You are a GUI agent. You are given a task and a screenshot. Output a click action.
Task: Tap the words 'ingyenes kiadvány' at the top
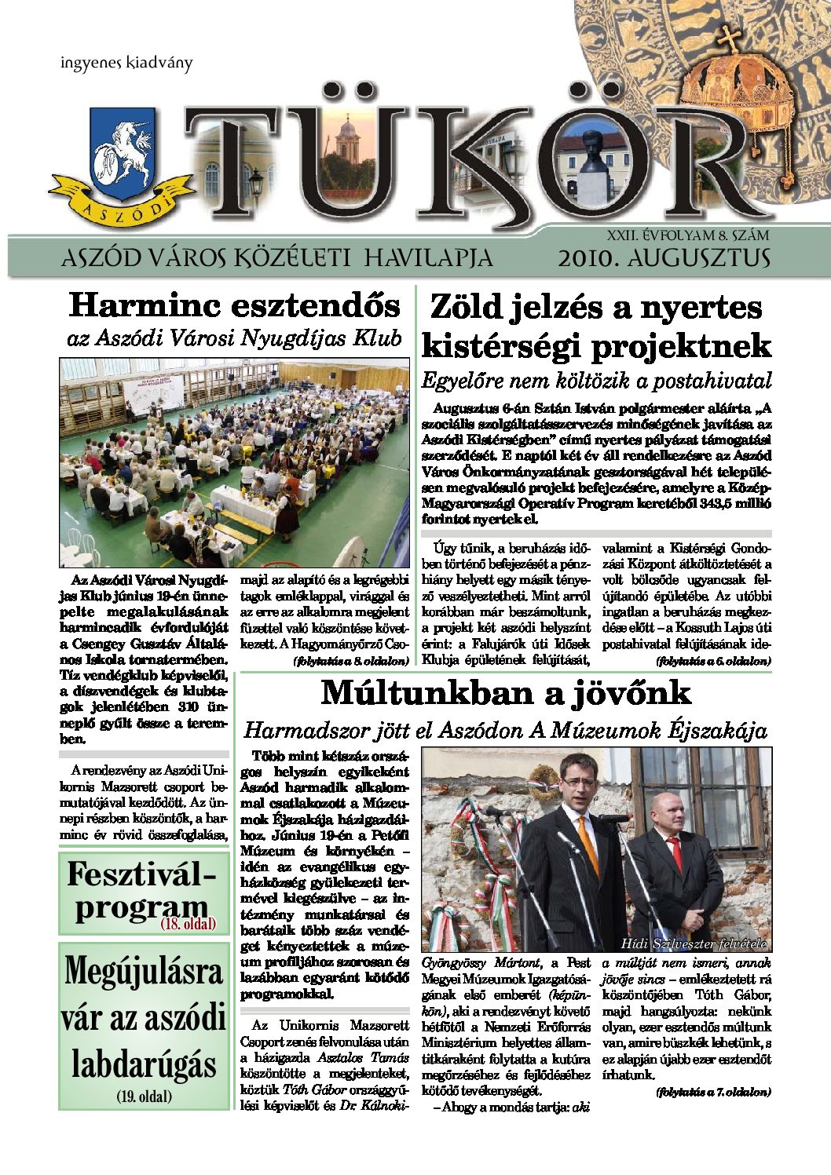[x=126, y=64]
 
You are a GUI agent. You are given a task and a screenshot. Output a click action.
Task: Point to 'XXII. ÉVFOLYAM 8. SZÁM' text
[x=687, y=234]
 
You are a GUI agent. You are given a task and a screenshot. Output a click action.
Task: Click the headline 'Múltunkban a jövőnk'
[x=506, y=693]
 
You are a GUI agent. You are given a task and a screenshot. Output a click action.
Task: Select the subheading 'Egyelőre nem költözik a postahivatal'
[x=596, y=381]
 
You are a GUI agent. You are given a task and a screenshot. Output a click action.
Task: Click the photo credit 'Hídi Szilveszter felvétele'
[x=693, y=943]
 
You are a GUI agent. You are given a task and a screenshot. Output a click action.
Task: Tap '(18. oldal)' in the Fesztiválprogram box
[x=189, y=924]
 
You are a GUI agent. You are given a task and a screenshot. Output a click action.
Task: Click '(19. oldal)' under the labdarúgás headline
[x=144, y=1097]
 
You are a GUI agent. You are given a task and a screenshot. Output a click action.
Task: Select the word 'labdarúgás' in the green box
[x=144, y=1065]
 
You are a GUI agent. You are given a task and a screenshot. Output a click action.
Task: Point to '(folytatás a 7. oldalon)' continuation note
[x=713, y=1092]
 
